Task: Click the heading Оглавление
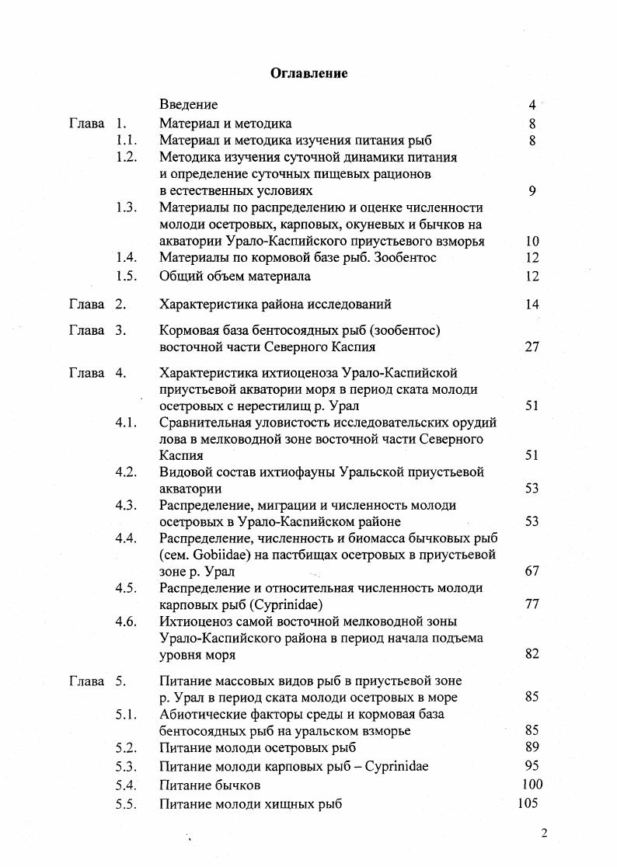[308, 73]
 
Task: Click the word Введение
[188, 104]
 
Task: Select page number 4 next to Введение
[532, 104]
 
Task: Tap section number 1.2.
[126, 157]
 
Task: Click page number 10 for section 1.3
[532, 242]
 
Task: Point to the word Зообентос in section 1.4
[407, 258]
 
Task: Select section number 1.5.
[126, 276]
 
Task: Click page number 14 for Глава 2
[532, 305]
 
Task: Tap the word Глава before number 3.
[86, 330]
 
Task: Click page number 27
[532, 347]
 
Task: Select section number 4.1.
[126, 423]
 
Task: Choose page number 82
[532, 655]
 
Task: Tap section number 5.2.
[126, 748]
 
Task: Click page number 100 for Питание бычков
[532, 785]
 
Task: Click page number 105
[528, 803]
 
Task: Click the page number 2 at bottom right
[544, 834]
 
